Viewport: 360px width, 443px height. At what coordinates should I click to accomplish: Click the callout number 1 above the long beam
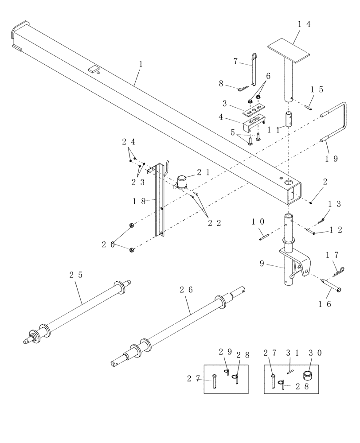141,65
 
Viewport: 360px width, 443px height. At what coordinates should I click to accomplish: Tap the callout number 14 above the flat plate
304,24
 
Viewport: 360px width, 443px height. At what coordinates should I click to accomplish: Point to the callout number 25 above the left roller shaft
76,275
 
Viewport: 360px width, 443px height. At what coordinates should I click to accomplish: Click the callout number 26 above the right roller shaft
187,290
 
